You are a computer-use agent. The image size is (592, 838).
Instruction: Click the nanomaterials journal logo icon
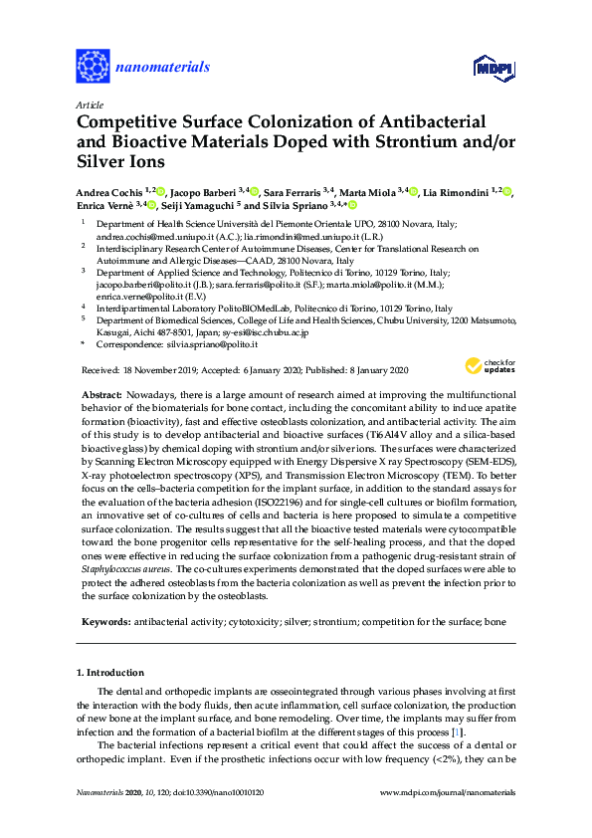(94, 67)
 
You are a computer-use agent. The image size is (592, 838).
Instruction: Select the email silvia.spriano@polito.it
(210, 343)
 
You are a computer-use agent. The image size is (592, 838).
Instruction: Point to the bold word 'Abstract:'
(100, 395)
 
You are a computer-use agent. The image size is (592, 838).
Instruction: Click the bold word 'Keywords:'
(103, 622)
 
